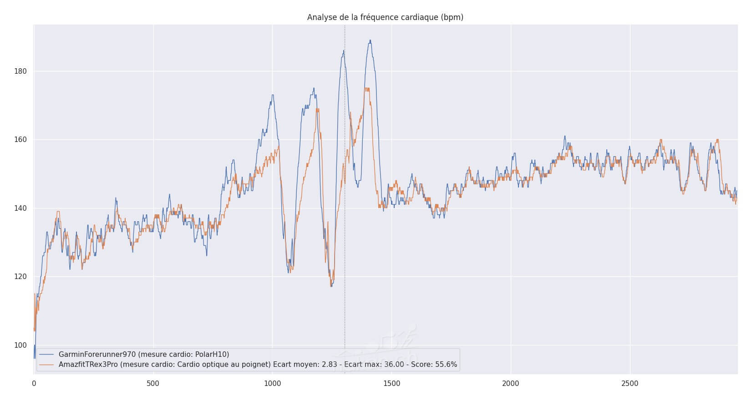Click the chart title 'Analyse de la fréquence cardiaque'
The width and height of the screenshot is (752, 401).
tap(385, 17)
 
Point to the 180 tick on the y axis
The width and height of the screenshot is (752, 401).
tap(21, 71)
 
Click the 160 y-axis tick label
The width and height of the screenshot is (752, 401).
tap(21, 140)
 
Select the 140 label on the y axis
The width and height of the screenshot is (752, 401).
tap(21, 208)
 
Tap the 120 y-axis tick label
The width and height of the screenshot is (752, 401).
tap(21, 277)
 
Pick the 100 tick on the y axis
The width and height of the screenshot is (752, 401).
tap(21, 345)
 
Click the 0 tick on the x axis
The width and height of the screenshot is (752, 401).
tap(34, 384)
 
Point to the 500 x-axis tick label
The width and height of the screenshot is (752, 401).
tap(153, 384)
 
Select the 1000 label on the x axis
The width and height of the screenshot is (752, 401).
tap(272, 384)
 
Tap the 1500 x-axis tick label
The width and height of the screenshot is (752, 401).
tap(391, 384)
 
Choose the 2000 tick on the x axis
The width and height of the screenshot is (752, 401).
tap(511, 384)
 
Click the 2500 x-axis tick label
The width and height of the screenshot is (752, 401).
tap(630, 384)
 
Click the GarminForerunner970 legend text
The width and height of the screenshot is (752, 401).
tap(144, 354)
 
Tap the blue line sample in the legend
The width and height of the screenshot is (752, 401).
tap(47, 354)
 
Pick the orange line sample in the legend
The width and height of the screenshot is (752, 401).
tap(47, 364)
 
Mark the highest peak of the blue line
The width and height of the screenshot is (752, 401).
tap(370, 41)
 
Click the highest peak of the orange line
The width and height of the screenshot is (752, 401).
tap(367, 88)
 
